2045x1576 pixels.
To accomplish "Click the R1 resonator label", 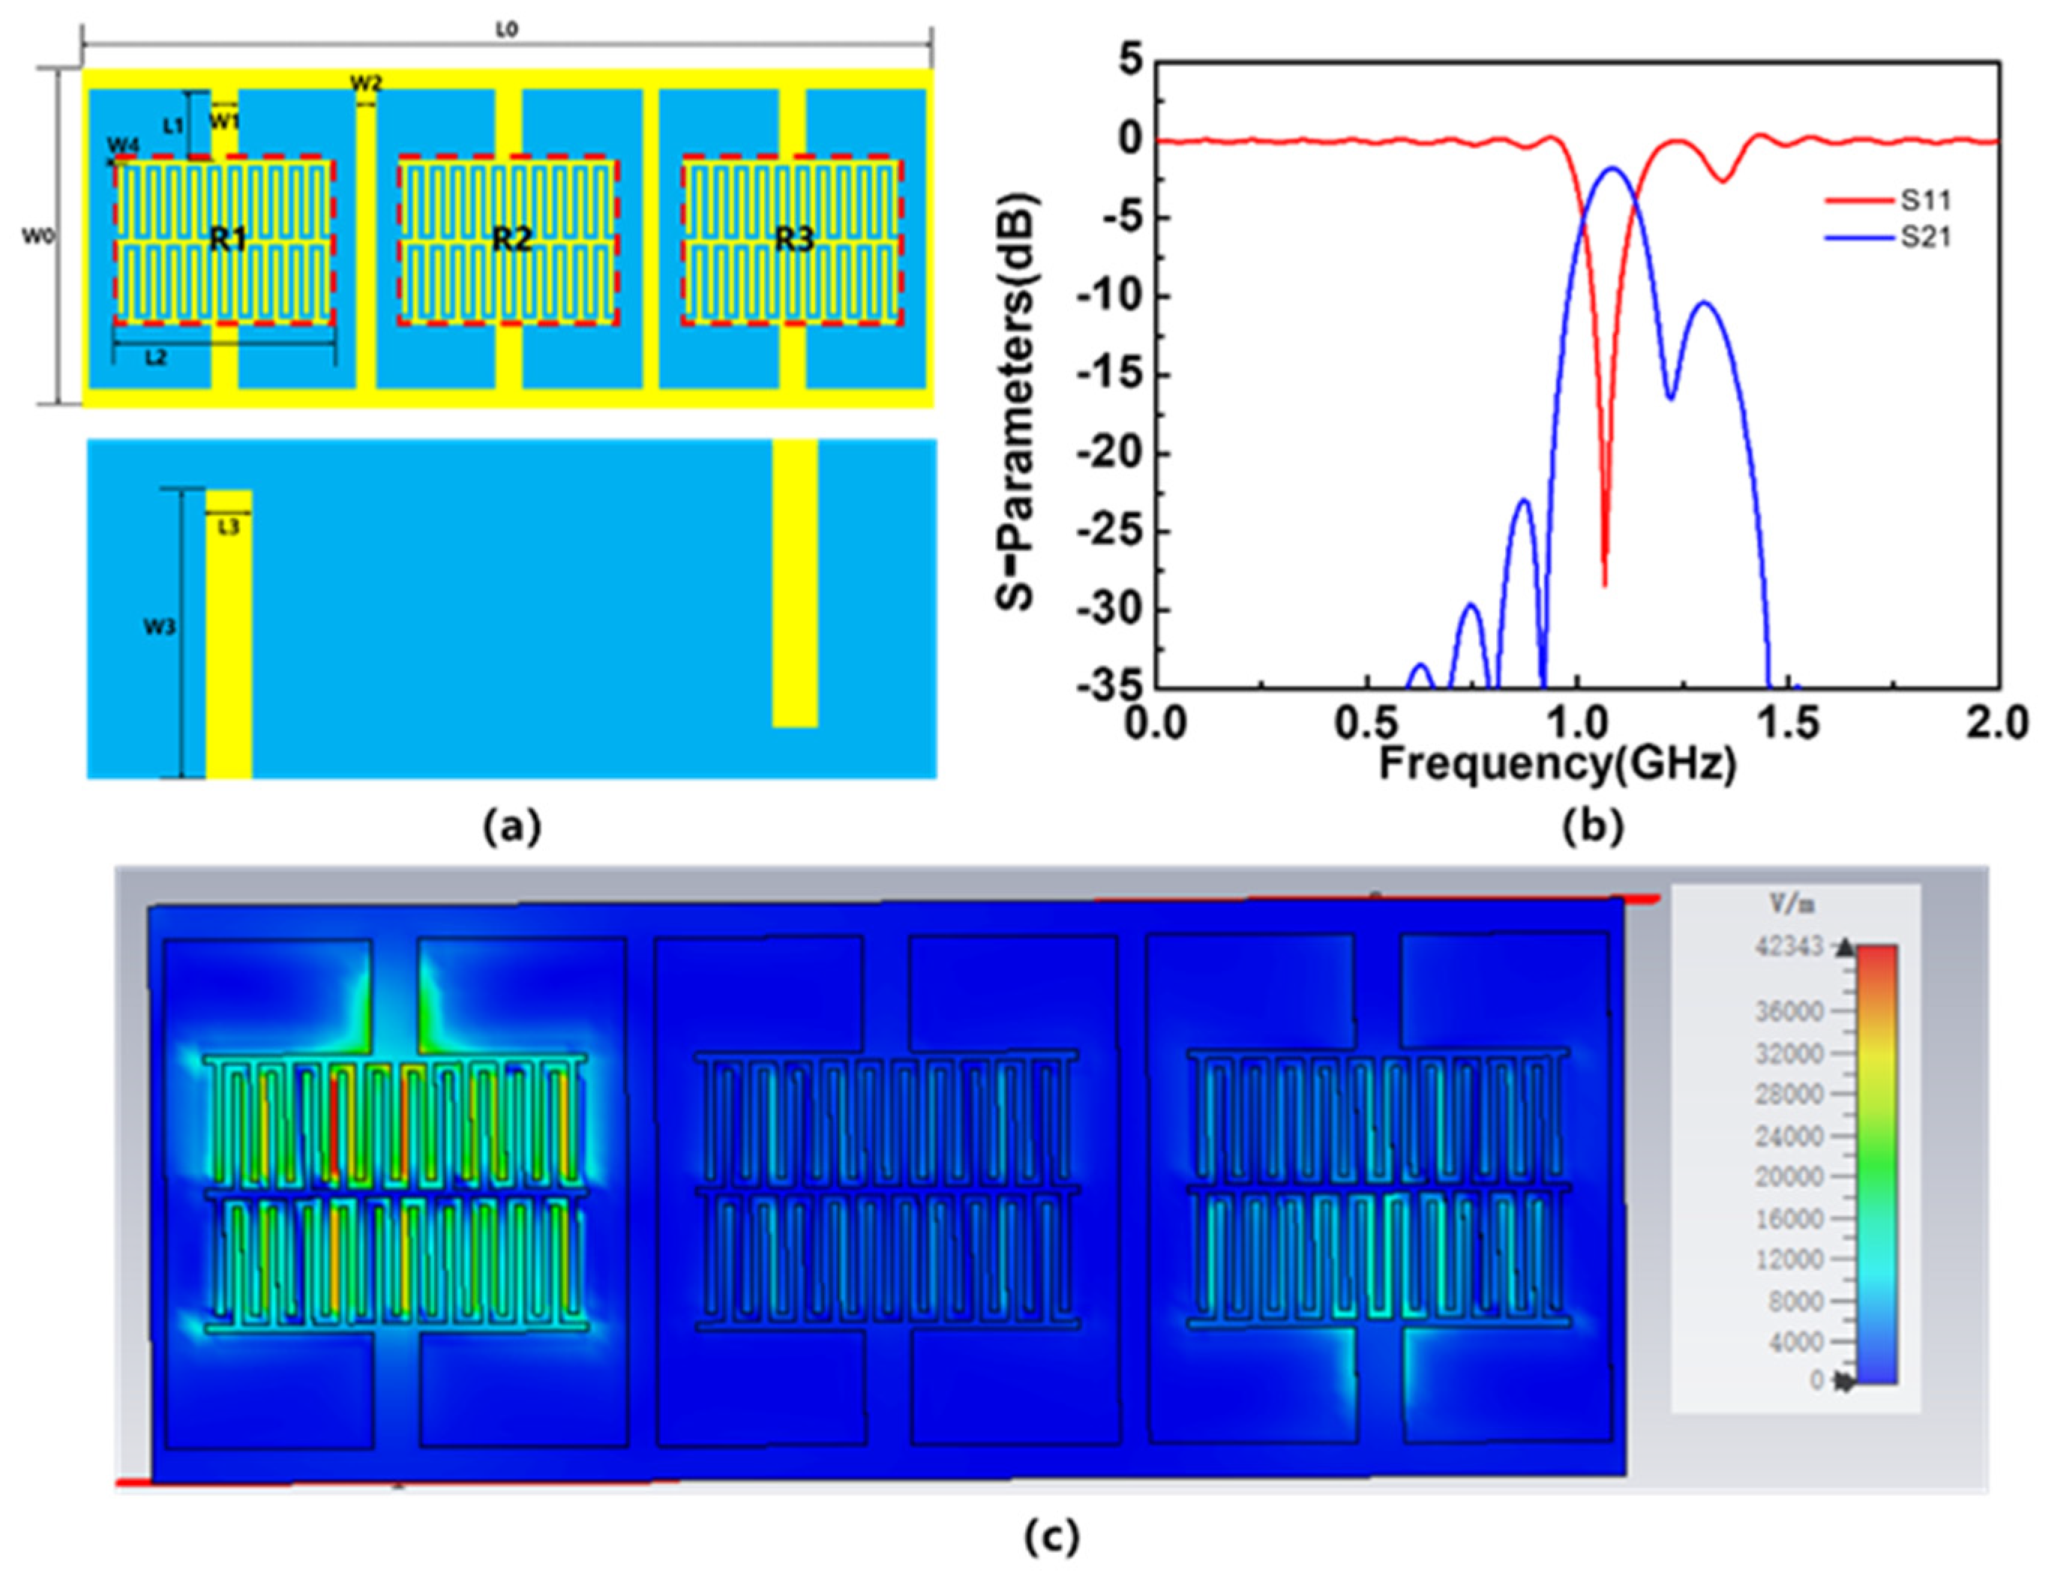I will tap(227, 240).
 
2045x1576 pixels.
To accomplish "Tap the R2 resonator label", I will tap(511, 240).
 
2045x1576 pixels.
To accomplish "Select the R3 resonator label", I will tap(794, 240).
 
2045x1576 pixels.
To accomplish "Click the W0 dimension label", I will tap(37, 237).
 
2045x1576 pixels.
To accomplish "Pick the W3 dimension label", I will tap(159, 628).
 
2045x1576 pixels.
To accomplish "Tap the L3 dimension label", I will tap(229, 528).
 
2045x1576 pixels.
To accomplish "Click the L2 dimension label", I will tap(155, 358).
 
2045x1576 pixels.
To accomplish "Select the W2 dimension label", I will tap(366, 83).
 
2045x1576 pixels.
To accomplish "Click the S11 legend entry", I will tap(1924, 200).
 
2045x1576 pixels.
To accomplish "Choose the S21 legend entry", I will tap(1924, 238).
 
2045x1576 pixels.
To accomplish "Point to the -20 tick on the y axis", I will tap(1110, 453).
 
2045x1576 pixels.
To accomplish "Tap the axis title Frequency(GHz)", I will tap(1557, 765).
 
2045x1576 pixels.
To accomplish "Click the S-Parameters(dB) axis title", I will tap(1015, 403).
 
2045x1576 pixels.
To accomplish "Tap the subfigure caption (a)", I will tap(511, 827).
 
